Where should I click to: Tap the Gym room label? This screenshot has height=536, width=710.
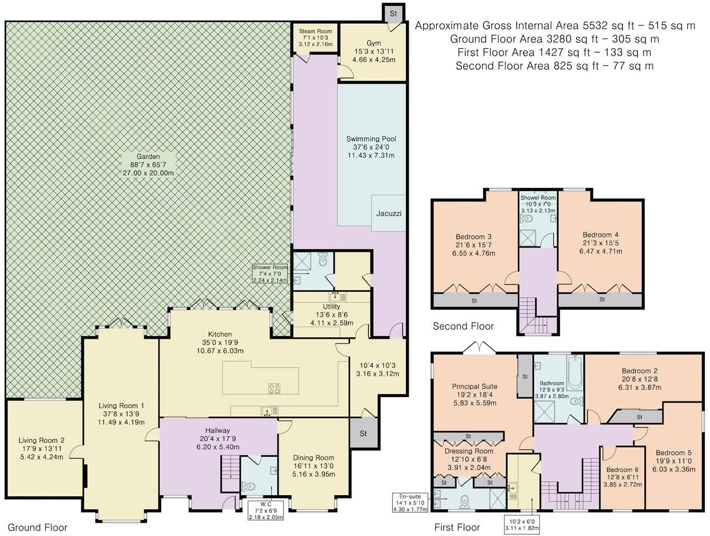[x=374, y=43]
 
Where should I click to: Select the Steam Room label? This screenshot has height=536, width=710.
[x=315, y=31]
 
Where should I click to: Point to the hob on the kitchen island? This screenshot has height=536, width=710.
[x=274, y=389]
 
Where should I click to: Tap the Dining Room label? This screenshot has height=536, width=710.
[x=313, y=458]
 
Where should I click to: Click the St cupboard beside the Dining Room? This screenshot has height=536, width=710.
[x=363, y=433]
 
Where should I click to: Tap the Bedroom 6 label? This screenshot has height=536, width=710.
[x=618, y=468]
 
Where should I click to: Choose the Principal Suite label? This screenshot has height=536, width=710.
[x=475, y=386]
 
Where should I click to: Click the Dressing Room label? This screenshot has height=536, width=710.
[x=468, y=451]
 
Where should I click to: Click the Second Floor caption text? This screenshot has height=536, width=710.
[x=463, y=326]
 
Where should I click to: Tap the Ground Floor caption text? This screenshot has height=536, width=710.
[x=38, y=527]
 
